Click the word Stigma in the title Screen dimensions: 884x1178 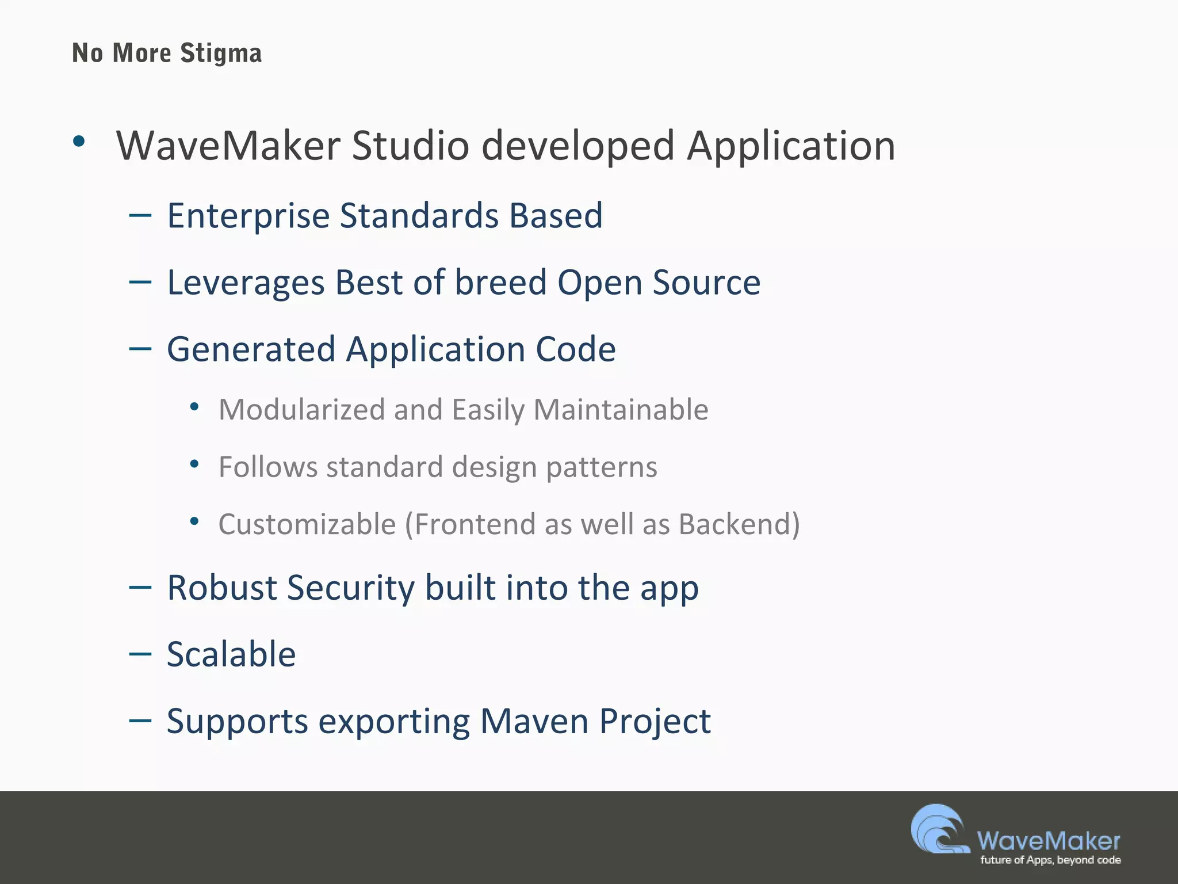tap(221, 54)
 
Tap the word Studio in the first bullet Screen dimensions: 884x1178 tap(410, 146)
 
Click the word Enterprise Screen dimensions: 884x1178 tap(248, 216)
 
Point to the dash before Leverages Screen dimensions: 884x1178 tap(140, 282)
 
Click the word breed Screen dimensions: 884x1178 tap(500, 283)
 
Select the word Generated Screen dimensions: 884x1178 tap(251, 349)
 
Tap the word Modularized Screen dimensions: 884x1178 tap(301, 410)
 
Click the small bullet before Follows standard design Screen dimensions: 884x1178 tap(194, 464)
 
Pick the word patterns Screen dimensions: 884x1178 tap(601, 467)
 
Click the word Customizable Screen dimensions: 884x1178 tap(307, 524)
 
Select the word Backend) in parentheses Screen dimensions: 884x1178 tap(739, 524)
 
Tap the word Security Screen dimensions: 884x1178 tap(350, 588)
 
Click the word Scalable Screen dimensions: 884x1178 tap(231, 654)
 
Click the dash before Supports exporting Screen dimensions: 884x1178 tap(140, 721)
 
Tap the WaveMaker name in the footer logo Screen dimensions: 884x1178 tap(1048, 841)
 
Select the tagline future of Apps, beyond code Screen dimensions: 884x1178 tap(1050, 860)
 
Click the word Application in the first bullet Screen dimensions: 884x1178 tap(791, 146)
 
